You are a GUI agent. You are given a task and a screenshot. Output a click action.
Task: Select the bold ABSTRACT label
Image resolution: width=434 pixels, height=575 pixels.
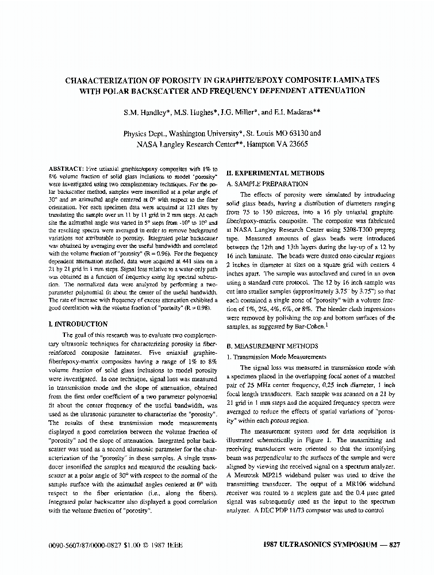67,168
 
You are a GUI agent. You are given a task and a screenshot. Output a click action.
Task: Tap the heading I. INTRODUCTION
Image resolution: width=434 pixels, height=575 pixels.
79,324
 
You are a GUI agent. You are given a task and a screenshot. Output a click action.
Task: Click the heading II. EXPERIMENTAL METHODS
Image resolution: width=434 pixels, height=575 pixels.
275,173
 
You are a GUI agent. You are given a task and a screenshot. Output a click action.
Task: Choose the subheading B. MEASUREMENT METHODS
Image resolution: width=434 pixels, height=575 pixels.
272,346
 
